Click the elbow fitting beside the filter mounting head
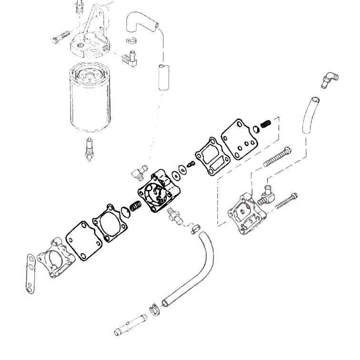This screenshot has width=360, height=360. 128,59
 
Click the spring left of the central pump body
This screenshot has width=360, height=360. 135,207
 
